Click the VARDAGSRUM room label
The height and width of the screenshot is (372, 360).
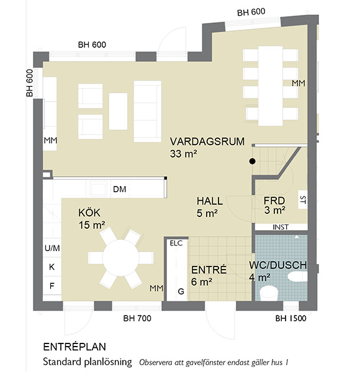(x=207, y=141)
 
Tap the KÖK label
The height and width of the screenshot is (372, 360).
(x=89, y=213)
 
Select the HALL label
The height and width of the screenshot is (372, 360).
(x=210, y=201)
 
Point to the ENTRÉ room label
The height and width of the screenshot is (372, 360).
(x=209, y=270)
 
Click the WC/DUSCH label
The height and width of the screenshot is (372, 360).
(x=278, y=265)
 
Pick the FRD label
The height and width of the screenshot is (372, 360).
(x=274, y=201)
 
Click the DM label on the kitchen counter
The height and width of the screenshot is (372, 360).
(x=119, y=189)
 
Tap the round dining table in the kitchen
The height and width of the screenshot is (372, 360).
(x=121, y=258)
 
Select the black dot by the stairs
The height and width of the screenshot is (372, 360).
(x=253, y=161)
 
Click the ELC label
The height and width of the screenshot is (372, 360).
(x=176, y=243)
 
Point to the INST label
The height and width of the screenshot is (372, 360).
(x=281, y=228)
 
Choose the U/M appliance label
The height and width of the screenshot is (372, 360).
(x=52, y=248)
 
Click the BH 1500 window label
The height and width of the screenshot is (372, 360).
(x=290, y=319)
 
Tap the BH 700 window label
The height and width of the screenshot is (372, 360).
(x=137, y=319)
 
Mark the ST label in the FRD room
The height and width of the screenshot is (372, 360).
(x=303, y=200)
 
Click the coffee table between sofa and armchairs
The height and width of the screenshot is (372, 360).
(x=118, y=111)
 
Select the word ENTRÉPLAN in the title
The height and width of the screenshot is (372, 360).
(x=74, y=347)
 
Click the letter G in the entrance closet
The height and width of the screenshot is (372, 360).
(x=181, y=291)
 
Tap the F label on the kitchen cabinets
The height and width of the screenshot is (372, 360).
(x=52, y=286)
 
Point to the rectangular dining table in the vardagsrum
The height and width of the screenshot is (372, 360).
(x=271, y=86)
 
